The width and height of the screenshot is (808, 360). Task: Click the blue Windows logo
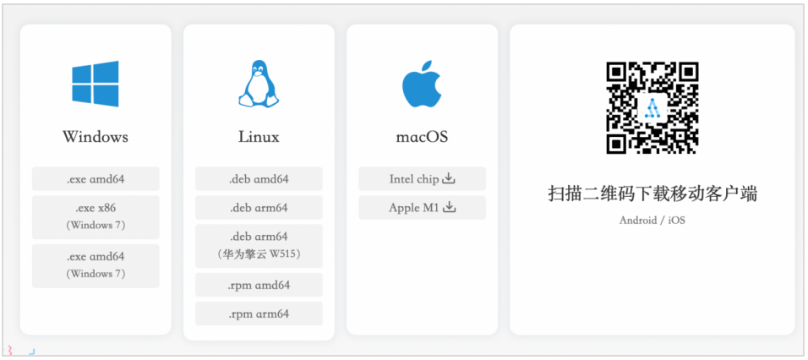click(x=96, y=84)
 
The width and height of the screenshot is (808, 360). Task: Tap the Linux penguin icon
click(x=259, y=84)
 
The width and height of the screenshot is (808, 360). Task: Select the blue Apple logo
click(x=422, y=84)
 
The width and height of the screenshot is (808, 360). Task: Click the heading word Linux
click(x=259, y=137)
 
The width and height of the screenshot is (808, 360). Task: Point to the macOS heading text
click(x=422, y=138)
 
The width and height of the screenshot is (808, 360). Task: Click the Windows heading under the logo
click(x=96, y=137)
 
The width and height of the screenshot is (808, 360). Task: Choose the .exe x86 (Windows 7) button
click(x=96, y=217)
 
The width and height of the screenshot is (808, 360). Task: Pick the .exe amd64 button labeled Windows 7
click(x=96, y=265)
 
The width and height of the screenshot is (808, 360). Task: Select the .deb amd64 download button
click(x=259, y=178)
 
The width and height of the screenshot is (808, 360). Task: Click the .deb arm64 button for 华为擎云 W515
click(x=259, y=246)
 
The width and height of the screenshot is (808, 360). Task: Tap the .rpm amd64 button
click(x=259, y=285)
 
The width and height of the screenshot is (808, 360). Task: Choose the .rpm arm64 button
click(x=259, y=314)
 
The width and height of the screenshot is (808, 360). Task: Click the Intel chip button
click(x=422, y=178)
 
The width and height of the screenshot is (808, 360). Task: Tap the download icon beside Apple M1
click(x=450, y=207)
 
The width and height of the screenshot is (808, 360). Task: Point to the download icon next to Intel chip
click(x=450, y=178)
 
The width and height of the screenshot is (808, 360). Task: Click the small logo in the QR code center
click(x=652, y=108)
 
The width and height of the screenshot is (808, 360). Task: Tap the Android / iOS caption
click(x=652, y=221)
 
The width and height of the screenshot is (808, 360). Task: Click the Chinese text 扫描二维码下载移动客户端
click(x=652, y=194)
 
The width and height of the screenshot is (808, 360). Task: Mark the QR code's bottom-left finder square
click(x=617, y=143)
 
